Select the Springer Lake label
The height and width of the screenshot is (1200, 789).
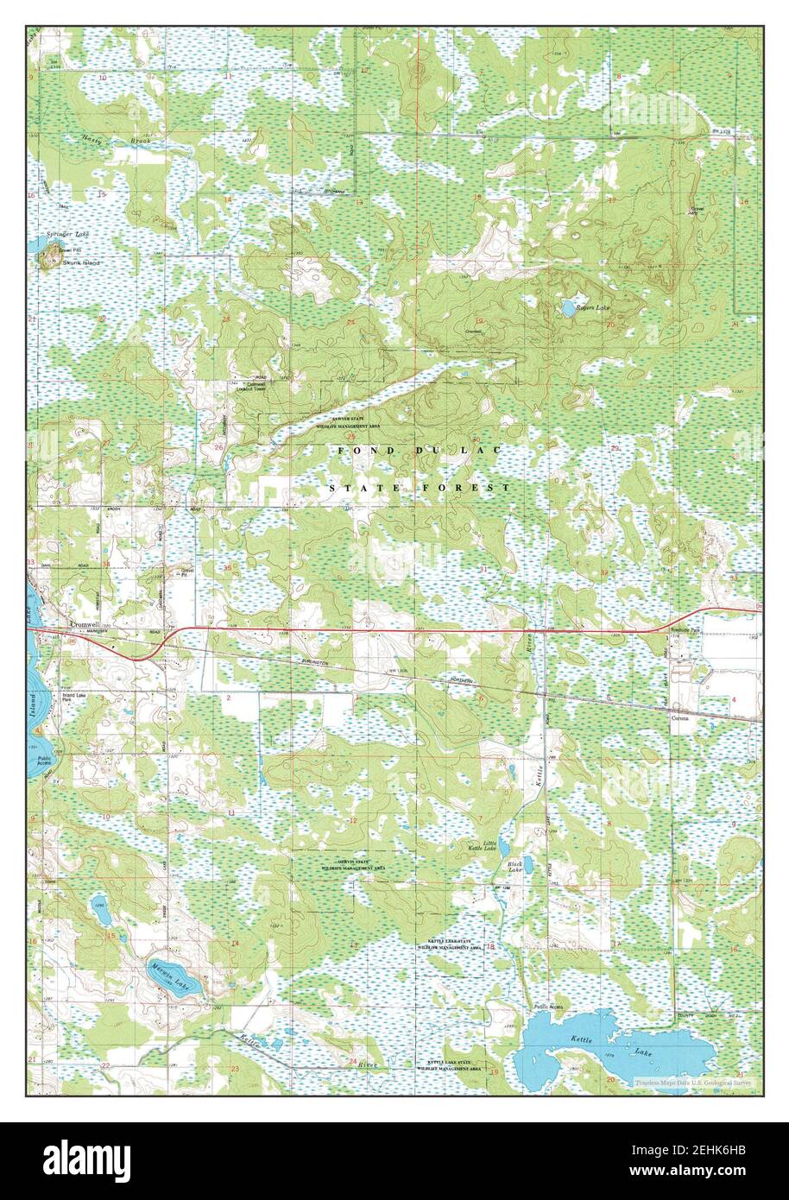coord(69,235)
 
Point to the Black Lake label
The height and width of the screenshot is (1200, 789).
coord(516,867)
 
